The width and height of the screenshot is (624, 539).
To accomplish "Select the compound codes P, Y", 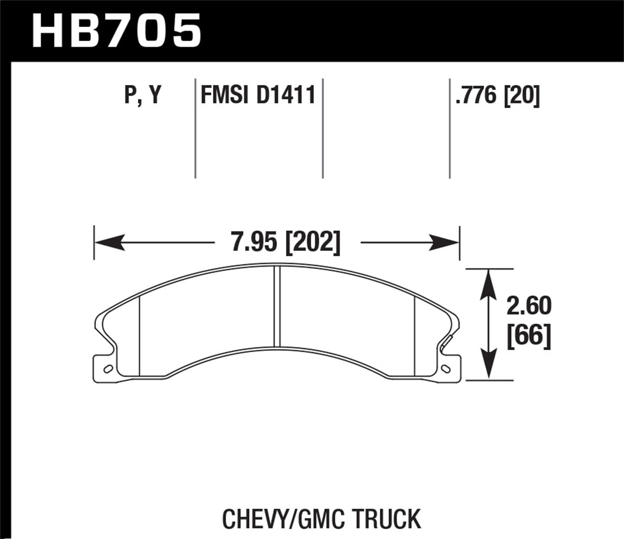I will click(143, 96).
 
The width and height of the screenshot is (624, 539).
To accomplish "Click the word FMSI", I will click(225, 95).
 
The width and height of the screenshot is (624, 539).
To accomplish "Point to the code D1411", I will click(286, 95).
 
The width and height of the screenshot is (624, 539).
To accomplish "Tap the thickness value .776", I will click(476, 96).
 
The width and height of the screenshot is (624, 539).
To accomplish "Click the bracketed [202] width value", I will click(313, 242).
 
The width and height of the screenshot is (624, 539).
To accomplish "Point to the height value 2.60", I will click(529, 306).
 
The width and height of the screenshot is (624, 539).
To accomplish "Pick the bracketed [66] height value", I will click(529, 335).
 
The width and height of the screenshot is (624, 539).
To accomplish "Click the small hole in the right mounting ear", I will click(447, 368).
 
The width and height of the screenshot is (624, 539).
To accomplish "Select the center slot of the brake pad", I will click(277, 307).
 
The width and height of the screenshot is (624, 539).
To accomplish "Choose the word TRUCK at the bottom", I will click(387, 519).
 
